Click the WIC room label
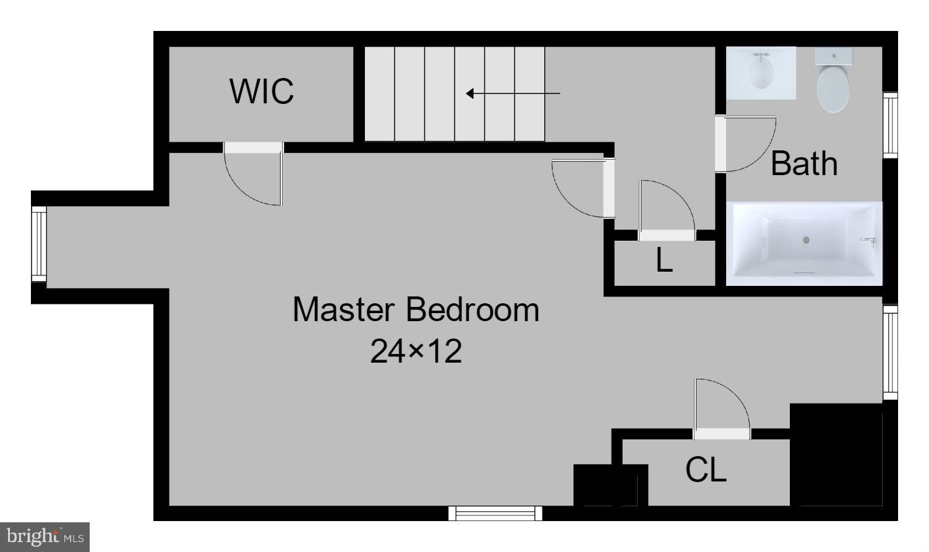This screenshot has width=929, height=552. coord(262,92)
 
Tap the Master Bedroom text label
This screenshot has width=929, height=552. coord(416,309)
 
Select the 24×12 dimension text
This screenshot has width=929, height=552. coord(416,351)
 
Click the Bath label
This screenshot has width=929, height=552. coord(804,164)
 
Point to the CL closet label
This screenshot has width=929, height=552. coord(706,470)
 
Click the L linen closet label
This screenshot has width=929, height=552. coord(664,261)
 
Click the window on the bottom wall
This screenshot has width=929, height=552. coord(495,513)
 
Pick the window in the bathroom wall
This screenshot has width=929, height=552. coord(889,124)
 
